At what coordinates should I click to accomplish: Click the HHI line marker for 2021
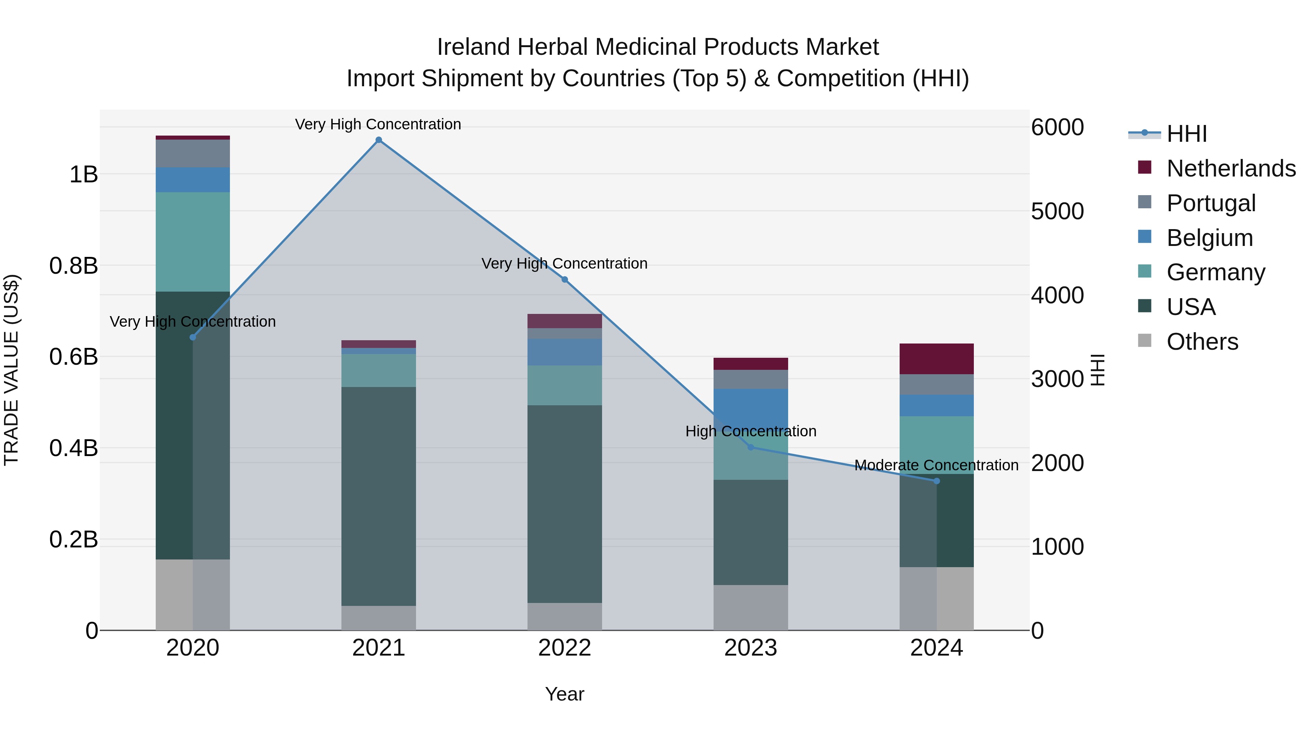[x=379, y=140]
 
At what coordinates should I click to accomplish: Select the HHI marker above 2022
[x=564, y=279]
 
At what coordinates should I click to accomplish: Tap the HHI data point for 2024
[x=937, y=481]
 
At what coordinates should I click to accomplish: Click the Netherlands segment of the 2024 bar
[x=937, y=359]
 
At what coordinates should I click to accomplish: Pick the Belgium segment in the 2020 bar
[x=193, y=180]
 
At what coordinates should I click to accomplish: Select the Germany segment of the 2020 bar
[x=193, y=242]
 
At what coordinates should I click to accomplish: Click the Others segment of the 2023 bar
[x=750, y=607]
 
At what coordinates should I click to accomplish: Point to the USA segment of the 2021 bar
[x=379, y=496]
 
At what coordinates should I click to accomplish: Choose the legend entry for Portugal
[x=1211, y=203]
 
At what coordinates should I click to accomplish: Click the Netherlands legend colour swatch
[x=1145, y=167]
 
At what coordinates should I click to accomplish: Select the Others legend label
[x=1202, y=342]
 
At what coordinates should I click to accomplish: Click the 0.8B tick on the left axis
[x=73, y=266]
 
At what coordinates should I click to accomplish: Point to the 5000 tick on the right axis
[x=1057, y=212]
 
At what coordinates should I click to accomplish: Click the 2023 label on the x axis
[x=750, y=648]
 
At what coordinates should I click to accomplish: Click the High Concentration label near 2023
[x=750, y=431]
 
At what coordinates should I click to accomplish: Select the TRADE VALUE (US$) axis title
[x=11, y=370]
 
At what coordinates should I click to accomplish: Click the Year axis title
[x=564, y=694]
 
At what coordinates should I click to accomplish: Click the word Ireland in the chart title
[x=473, y=47]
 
